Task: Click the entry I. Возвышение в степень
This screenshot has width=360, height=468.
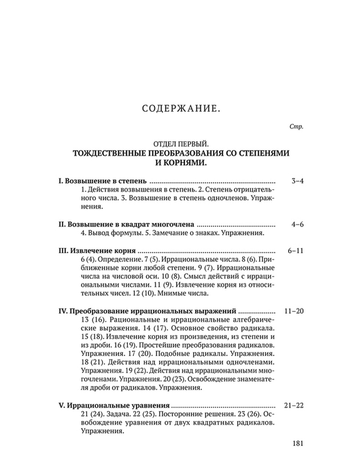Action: (x=102, y=181)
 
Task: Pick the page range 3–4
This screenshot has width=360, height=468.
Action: (x=297, y=181)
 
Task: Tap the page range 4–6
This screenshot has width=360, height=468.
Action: (x=297, y=225)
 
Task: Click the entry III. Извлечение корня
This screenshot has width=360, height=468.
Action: (x=97, y=251)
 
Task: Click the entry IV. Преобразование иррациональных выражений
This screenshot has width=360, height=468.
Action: (x=147, y=311)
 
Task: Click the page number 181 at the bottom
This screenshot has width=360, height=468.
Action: (x=297, y=443)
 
